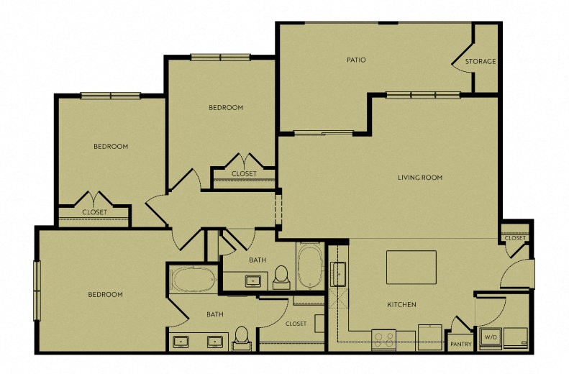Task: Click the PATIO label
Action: point(356,60)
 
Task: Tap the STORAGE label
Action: point(481,62)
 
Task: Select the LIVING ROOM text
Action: point(420,178)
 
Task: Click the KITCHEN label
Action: point(401,305)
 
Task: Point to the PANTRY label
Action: point(461,344)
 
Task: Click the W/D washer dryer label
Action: point(491,338)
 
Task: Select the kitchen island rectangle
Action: point(411,268)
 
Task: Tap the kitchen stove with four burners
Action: point(383,340)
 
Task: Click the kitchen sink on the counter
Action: point(338,274)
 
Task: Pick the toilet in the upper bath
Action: point(281,278)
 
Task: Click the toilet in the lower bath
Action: point(241,339)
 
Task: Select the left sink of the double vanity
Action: point(181,342)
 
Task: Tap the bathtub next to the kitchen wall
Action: point(310,266)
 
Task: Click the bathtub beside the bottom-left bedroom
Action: point(194,279)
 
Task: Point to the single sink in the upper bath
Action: point(252,280)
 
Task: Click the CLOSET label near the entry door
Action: point(515,238)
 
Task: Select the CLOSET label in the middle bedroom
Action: point(244,174)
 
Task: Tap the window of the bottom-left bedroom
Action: point(37,291)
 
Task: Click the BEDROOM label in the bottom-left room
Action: point(105,295)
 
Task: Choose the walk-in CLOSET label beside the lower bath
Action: point(296,324)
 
